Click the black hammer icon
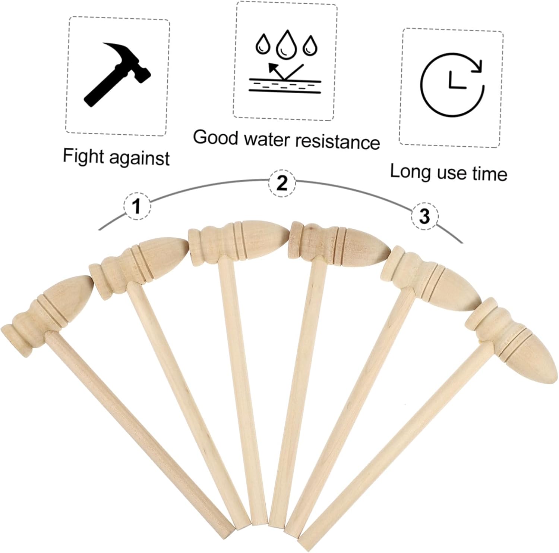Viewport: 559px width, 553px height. pos(117,75)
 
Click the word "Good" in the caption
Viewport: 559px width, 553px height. pos(215,137)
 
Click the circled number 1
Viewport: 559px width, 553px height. pos(138,206)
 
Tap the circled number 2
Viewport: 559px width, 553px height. pos(282,183)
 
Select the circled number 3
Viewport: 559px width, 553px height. pos(425,216)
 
